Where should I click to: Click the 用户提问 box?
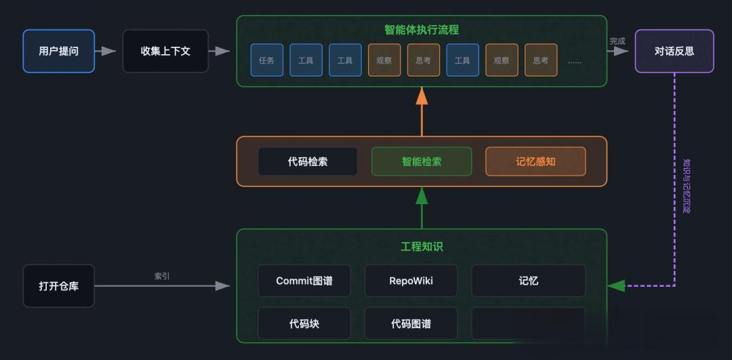click(x=59, y=51)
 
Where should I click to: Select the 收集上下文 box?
click(x=166, y=51)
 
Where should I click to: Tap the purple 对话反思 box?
click(x=674, y=51)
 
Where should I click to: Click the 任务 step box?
click(x=266, y=60)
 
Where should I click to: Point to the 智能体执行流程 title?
click(x=422, y=30)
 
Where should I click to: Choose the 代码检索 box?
click(x=308, y=161)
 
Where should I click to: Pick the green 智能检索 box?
click(x=422, y=161)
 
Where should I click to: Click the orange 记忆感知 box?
click(x=535, y=161)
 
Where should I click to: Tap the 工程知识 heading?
click(x=422, y=247)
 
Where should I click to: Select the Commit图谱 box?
click(x=304, y=281)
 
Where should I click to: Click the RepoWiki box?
click(x=411, y=281)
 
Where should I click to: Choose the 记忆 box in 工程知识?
click(x=529, y=281)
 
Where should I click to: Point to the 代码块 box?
click(x=304, y=323)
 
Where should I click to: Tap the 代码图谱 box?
click(x=411, y=323)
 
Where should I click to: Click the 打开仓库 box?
click(x=59, y=285)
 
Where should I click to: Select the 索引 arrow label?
click(x=162, y=276)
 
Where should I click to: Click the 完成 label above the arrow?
click(x=617, y=41)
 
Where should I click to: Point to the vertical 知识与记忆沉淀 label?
click(x=686, y=186)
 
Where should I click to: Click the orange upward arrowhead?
click(x=422, y=95)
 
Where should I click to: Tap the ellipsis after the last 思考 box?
click(x=575, y=61)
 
